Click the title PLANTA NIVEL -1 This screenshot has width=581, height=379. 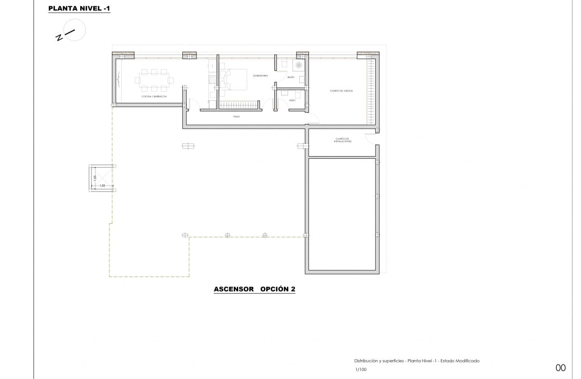pyautogui.click(x=79, y=8)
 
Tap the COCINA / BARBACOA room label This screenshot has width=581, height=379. pyautogui.click(x=154, y=97)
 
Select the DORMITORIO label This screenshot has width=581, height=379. pyautogui.click(x=260, y=75)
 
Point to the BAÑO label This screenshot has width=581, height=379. pyautogui.click(x=290, y=78)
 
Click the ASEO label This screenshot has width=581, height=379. pyautogui.click(x=292, y=100)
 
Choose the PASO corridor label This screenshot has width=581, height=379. pyautogui.click(x=236, y=116)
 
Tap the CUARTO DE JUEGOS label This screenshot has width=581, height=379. pyautogui.click(x=341, y=91)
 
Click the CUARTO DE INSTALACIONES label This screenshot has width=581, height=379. pyautogui.click(x=343, y=140)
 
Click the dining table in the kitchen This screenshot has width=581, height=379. pyautogui.click(x=154, y=81)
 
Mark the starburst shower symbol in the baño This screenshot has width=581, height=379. pyautogui.click(x=299, y=65)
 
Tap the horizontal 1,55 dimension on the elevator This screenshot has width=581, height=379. pyautogui.click(x=102, y=185)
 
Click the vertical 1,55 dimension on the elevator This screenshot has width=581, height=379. pyautogui.click(x=95, y=178)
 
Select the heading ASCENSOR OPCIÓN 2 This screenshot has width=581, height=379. pyautogui.click(x=254, y=289)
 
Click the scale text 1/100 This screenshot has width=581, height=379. pyautogui.click(x=361, y=370)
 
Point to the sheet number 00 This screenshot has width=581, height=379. pyautogui.click(x=560, y=368)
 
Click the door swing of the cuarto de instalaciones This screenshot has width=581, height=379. pyautogui.click(x=370, y=139)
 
